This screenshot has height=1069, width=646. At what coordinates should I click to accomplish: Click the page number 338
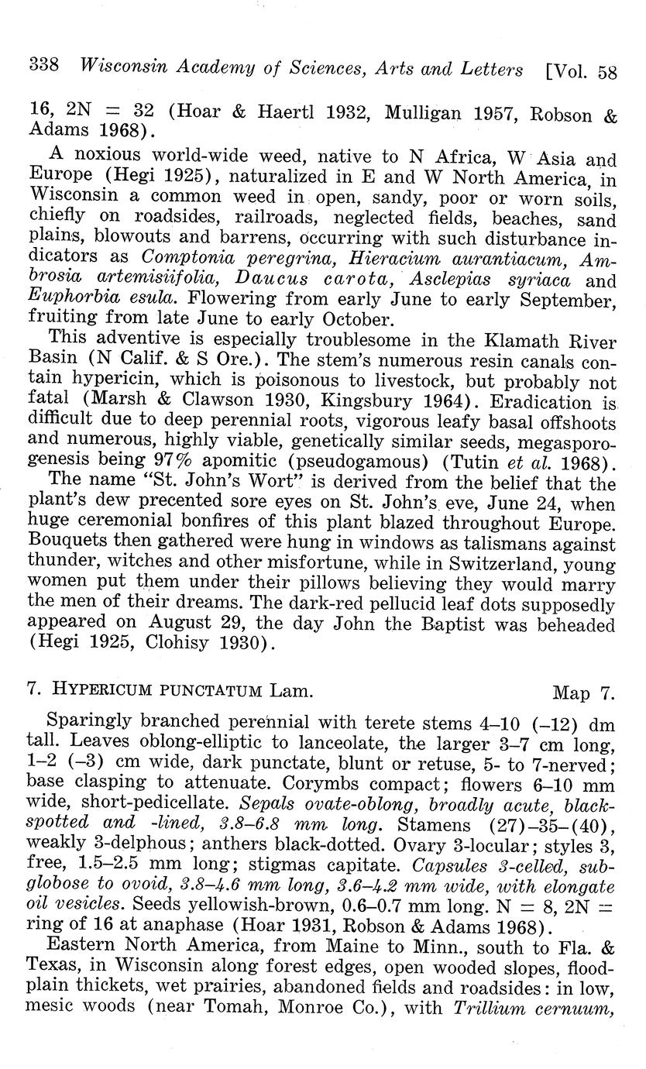click(x=43, y=67)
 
